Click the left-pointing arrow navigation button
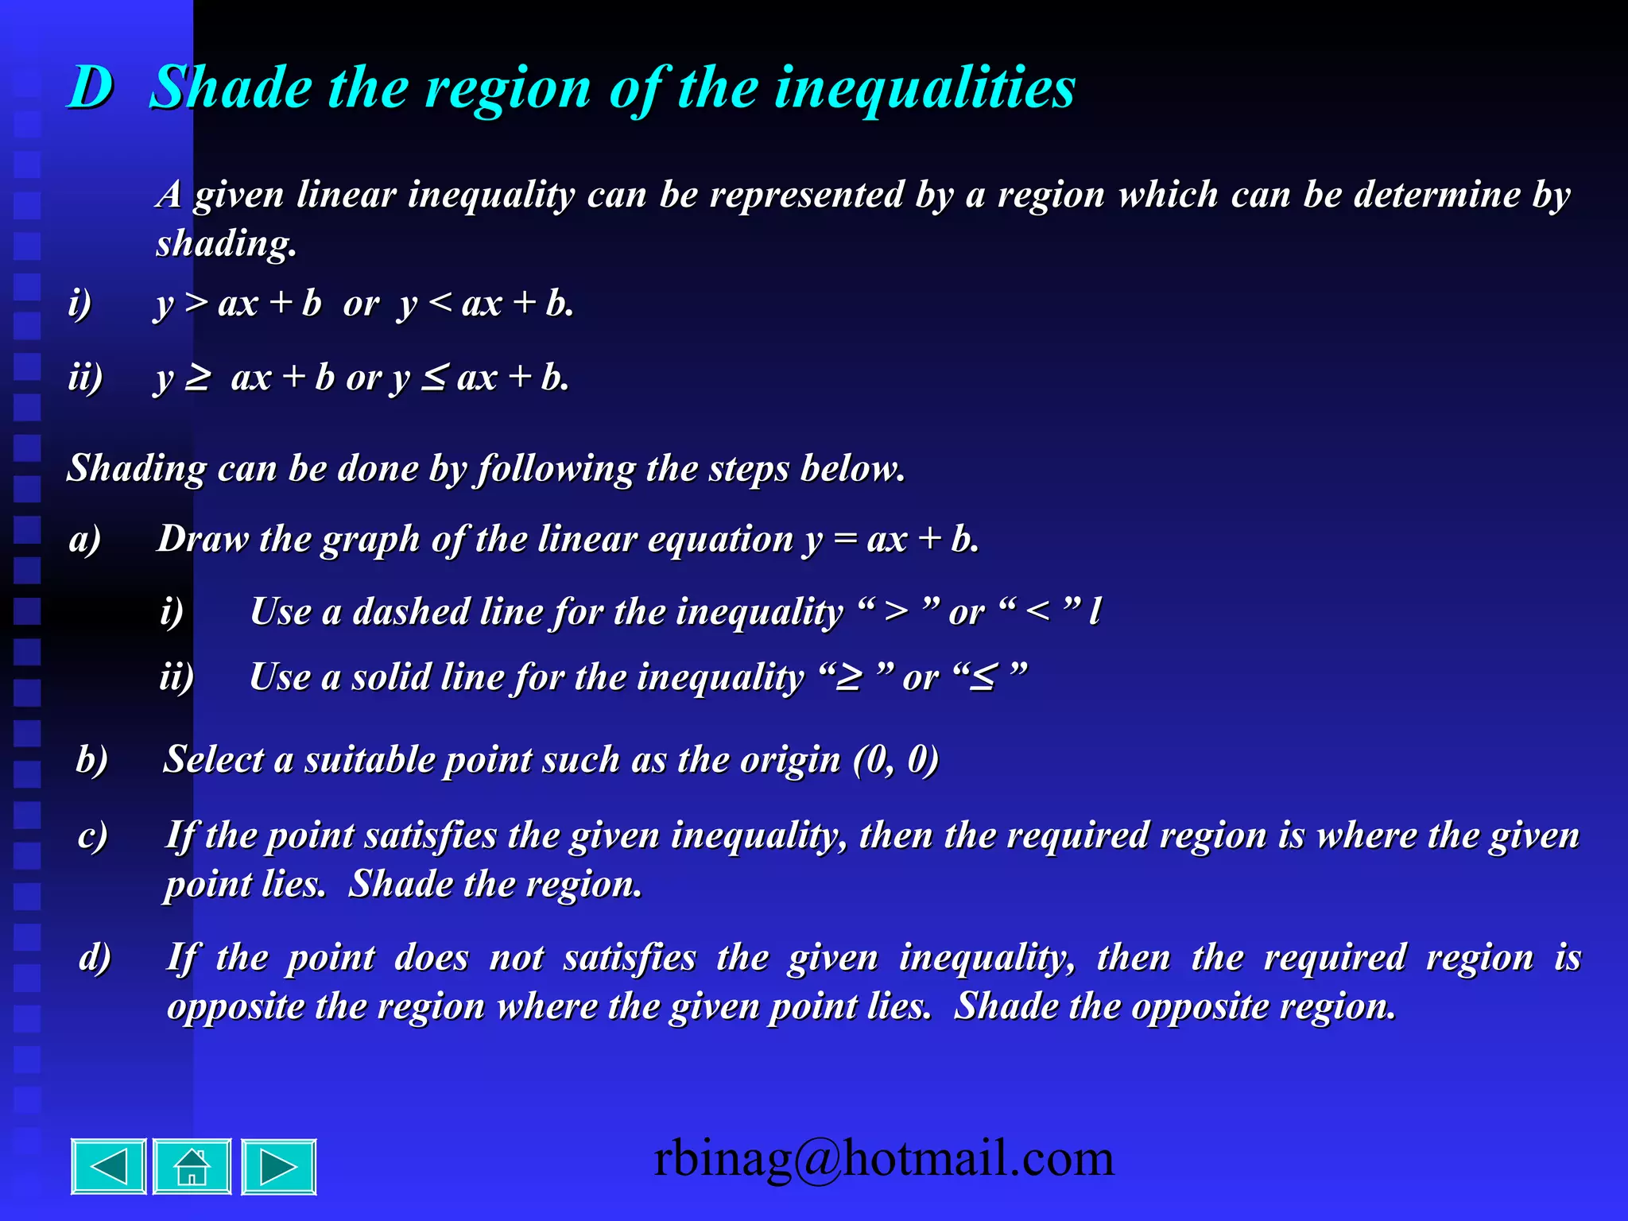tap(109, 1166)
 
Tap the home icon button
tap(192, 1166)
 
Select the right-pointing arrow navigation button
tap(278, 1166)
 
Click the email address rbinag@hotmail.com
tap(883, 1158)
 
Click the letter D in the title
tap(91, 87)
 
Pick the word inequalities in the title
tap(924, 87)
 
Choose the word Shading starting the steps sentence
tap(136, 467)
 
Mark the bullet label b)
tap(92, 759)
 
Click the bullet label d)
tap(95, 957)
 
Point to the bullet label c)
tap(93, 835)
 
